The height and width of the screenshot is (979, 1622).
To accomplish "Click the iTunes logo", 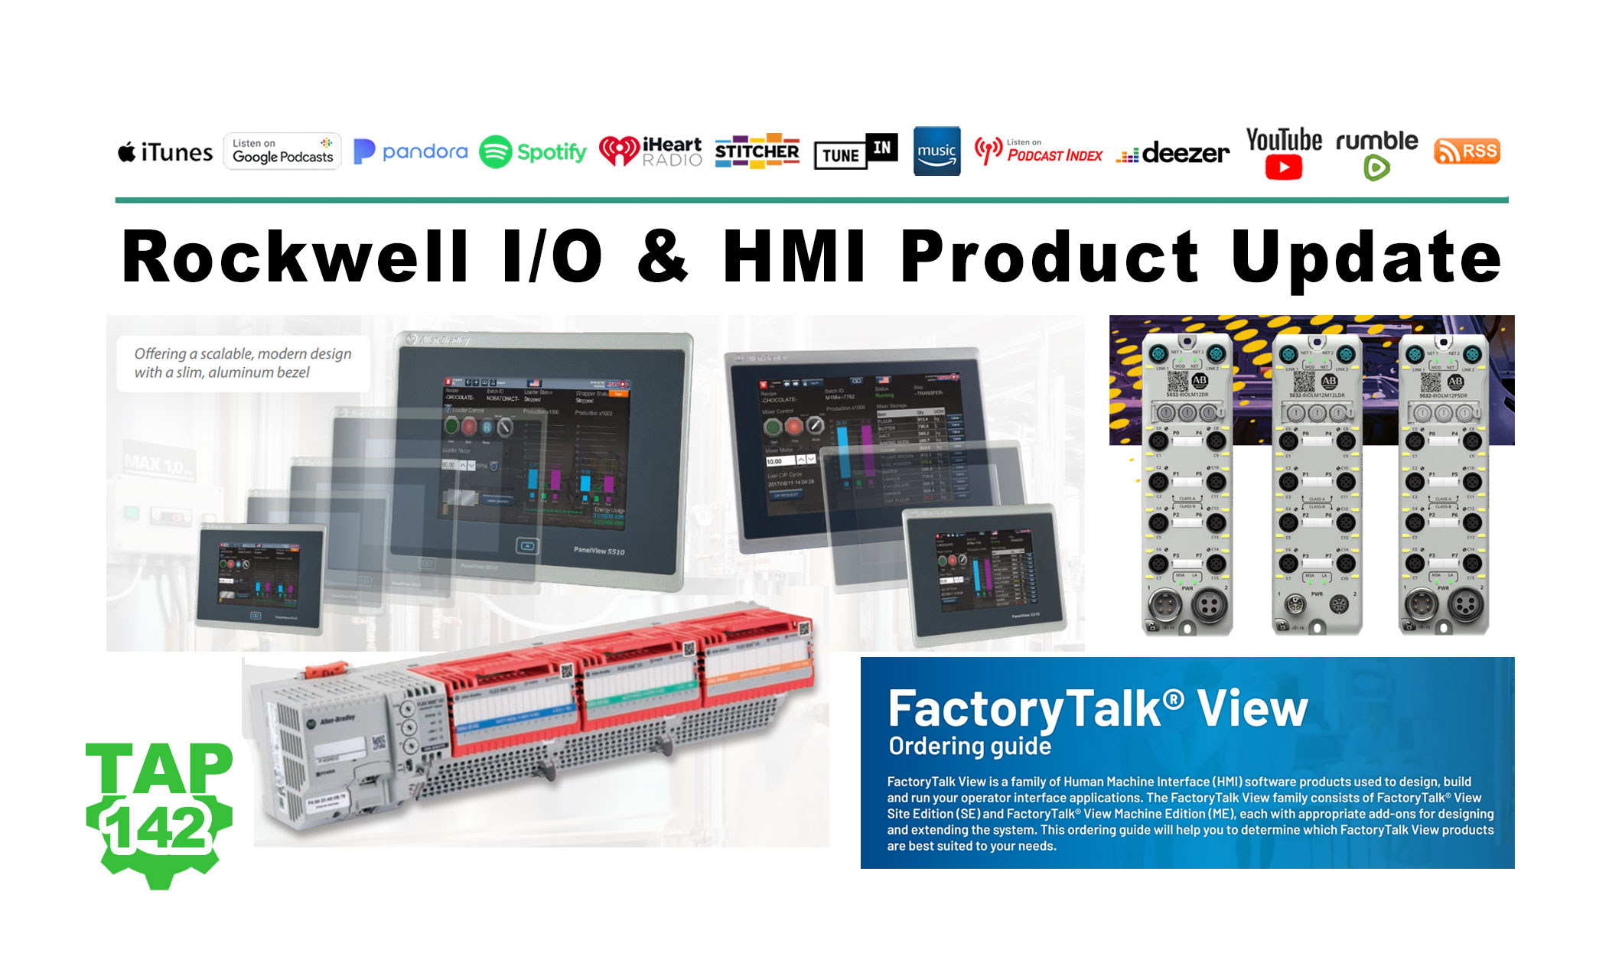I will [165, 153].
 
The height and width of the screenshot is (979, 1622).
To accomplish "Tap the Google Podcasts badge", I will [282, 151].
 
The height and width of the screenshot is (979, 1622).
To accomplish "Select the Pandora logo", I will [411, 151].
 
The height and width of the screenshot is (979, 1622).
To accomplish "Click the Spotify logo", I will [533, 152].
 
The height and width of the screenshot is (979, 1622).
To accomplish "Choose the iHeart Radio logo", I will [650, 151].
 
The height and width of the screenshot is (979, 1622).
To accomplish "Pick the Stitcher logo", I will [757, 152].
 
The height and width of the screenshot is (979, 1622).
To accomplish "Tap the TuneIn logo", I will [855, 151].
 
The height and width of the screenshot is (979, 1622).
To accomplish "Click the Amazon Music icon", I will [936, 151].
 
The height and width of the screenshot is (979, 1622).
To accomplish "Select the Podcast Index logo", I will [1038, 151].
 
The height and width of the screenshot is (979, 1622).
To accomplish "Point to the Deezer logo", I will [1173, 154].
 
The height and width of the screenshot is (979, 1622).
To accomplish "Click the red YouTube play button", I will [1283, 168].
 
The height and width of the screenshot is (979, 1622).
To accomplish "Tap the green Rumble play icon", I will [1376, 168].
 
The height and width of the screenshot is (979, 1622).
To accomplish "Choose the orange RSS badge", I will [1467, 151].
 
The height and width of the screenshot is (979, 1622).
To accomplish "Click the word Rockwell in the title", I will [295, 257].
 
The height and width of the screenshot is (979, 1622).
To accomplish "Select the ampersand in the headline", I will [663, 257].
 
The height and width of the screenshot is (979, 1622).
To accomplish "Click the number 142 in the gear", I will [158, 828].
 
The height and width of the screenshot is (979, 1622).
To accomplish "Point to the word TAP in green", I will [159, 769].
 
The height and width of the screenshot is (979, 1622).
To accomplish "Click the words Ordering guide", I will [969, 746].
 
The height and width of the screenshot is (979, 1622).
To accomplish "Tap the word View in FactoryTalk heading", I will [1252, 709].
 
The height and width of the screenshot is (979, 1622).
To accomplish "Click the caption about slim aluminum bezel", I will [243, 363].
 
